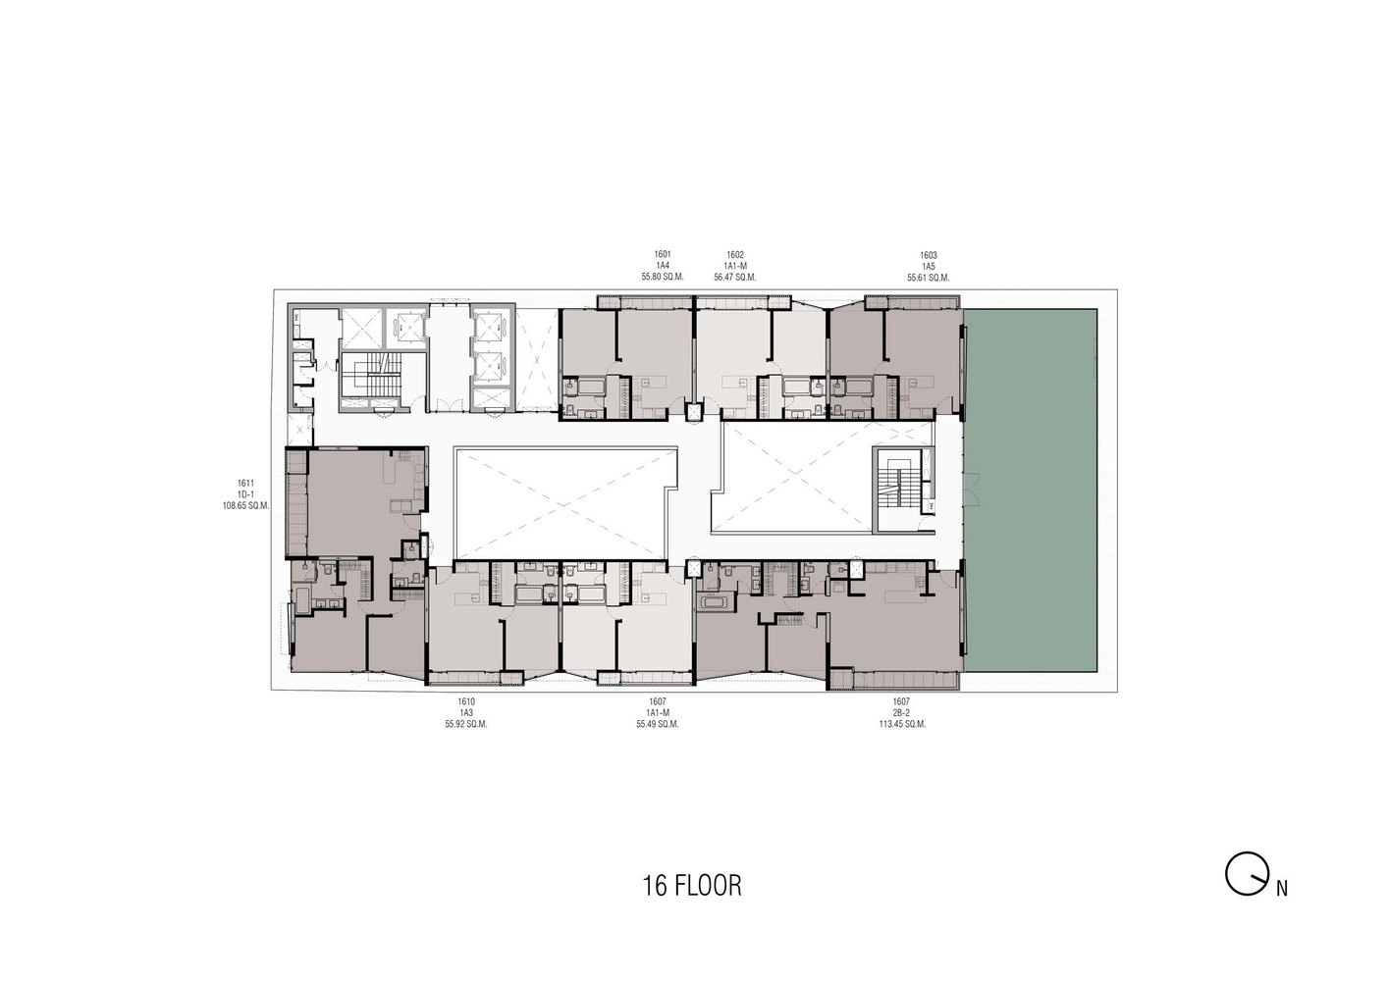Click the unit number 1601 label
click(663, 254)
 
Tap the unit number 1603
click(929, 255)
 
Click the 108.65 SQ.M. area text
click(245, 506)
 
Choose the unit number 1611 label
click(245, 483)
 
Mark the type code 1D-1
click(245, 494)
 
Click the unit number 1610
click(466, 701)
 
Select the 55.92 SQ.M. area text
click(466, 725)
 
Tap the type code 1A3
click(466, 713)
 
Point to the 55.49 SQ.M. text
click(658, 725)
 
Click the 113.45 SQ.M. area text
click(902, 725)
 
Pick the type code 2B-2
click(902, 713)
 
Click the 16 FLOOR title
click(692, 886)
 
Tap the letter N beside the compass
click(1282, 890)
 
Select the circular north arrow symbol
click(1244, 874)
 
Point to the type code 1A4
click(663, 266)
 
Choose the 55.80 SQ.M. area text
click(663, 278)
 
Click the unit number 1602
click(735, 254)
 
